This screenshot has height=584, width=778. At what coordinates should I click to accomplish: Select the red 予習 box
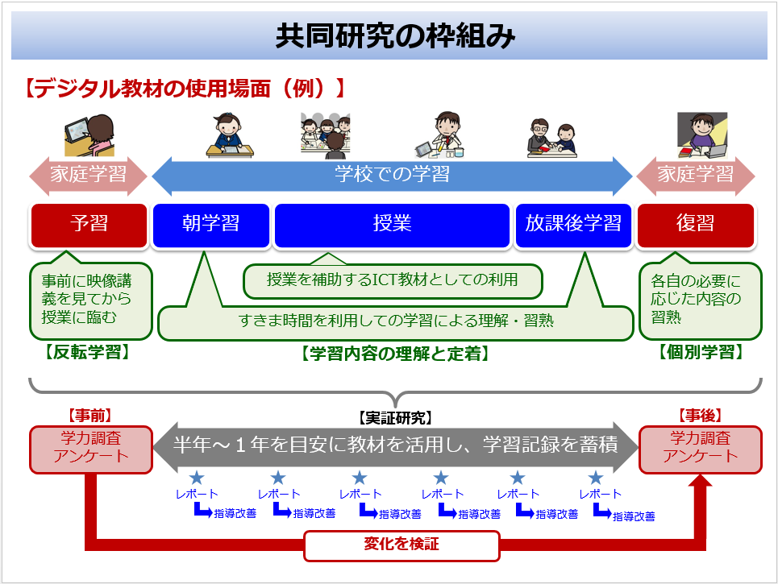pos(89,225)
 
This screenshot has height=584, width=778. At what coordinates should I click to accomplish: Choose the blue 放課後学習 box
pos(573,225)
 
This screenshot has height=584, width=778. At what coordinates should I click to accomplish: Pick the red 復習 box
pos(696,225)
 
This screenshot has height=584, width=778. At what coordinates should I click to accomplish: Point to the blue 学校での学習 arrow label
pos(392,175)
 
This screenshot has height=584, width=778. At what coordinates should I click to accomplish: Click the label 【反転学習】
pos(88,352)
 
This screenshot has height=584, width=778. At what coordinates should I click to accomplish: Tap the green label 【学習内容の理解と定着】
pos(395,353)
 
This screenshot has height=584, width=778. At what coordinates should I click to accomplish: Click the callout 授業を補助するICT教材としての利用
pos(392,280)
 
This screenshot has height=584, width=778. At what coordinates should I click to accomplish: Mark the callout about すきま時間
pos(395,321)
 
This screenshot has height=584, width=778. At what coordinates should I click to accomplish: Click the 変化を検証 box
pos(401,545)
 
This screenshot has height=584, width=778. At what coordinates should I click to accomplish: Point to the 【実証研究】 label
pos(395,418)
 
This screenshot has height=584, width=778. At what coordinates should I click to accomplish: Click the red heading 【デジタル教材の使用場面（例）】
pos(185,88)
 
